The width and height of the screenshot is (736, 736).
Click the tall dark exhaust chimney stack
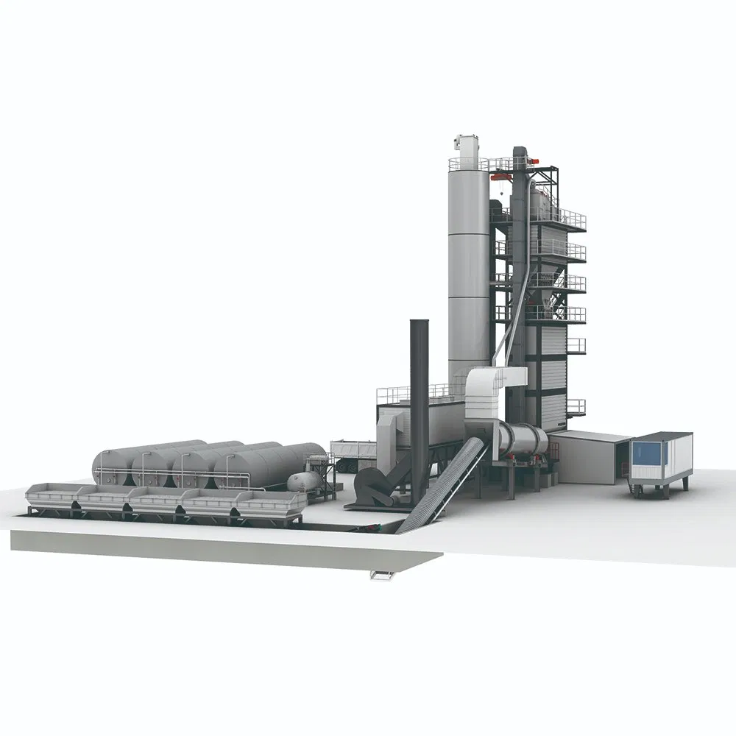click(420, 383)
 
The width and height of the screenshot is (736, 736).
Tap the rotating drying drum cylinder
click(523, 440)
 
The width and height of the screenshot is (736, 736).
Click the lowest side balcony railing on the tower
click(576, 406)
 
